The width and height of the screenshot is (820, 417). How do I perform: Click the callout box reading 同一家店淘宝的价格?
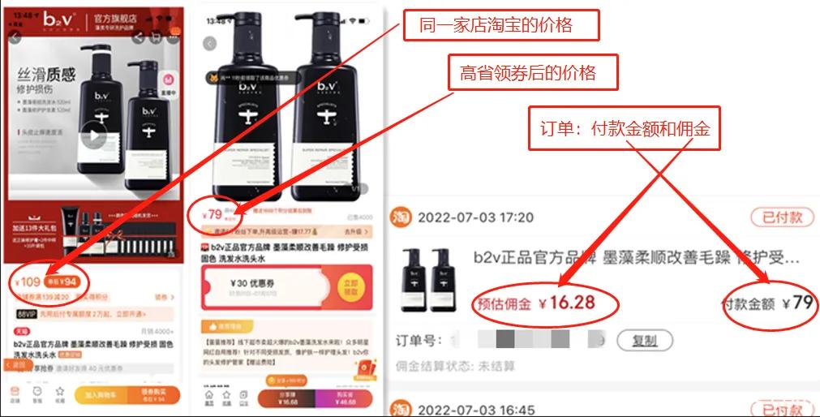501,24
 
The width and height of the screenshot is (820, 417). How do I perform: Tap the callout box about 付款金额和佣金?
625,128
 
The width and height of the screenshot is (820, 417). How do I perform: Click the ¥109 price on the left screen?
29,282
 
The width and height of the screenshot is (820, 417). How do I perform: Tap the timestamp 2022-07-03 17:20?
475,217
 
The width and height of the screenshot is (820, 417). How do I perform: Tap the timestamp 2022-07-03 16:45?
475,410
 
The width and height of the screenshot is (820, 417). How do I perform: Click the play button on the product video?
95,135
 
